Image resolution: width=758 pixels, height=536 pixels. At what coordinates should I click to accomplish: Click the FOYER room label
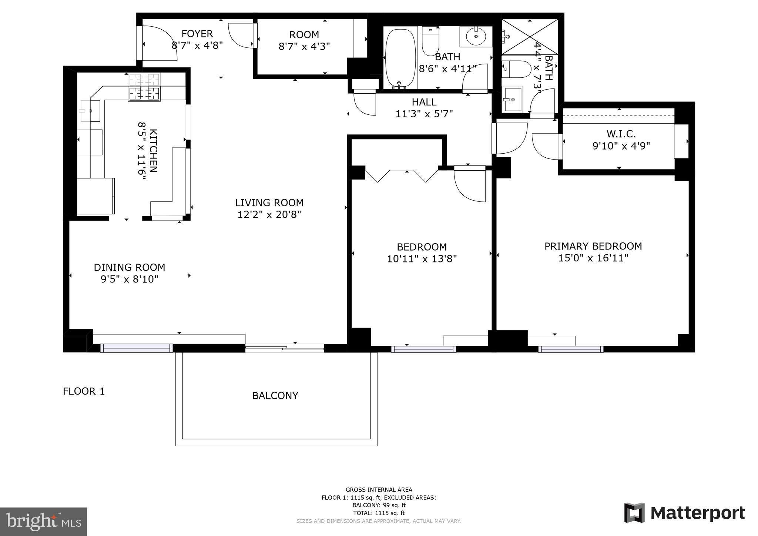point(197,34)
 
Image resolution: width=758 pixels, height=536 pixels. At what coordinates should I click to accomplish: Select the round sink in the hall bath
point(476,36)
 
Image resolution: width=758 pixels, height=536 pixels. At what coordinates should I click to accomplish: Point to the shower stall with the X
point(529,37)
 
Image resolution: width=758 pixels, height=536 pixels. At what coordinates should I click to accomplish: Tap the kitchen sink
point(90,111)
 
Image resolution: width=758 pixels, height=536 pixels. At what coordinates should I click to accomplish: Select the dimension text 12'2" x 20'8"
point(269,215)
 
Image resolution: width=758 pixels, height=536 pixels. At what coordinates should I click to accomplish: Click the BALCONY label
point(275,396)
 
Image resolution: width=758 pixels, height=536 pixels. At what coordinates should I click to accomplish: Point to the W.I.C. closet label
point(621,134)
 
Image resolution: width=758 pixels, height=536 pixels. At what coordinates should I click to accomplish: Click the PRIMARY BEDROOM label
point(593,246)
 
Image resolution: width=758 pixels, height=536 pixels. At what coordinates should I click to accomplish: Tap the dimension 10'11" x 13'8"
point(422,259)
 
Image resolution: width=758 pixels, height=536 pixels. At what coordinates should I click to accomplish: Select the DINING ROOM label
point(129,267)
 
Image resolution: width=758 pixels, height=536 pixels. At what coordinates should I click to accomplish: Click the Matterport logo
point(684,513)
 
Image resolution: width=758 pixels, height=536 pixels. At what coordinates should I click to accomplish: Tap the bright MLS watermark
point(43,522)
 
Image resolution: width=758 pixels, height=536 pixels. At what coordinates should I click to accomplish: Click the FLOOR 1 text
point(84,391)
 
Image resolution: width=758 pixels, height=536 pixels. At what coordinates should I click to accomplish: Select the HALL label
point(424,102)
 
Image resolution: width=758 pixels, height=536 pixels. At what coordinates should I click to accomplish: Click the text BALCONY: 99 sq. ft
point(379,505)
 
